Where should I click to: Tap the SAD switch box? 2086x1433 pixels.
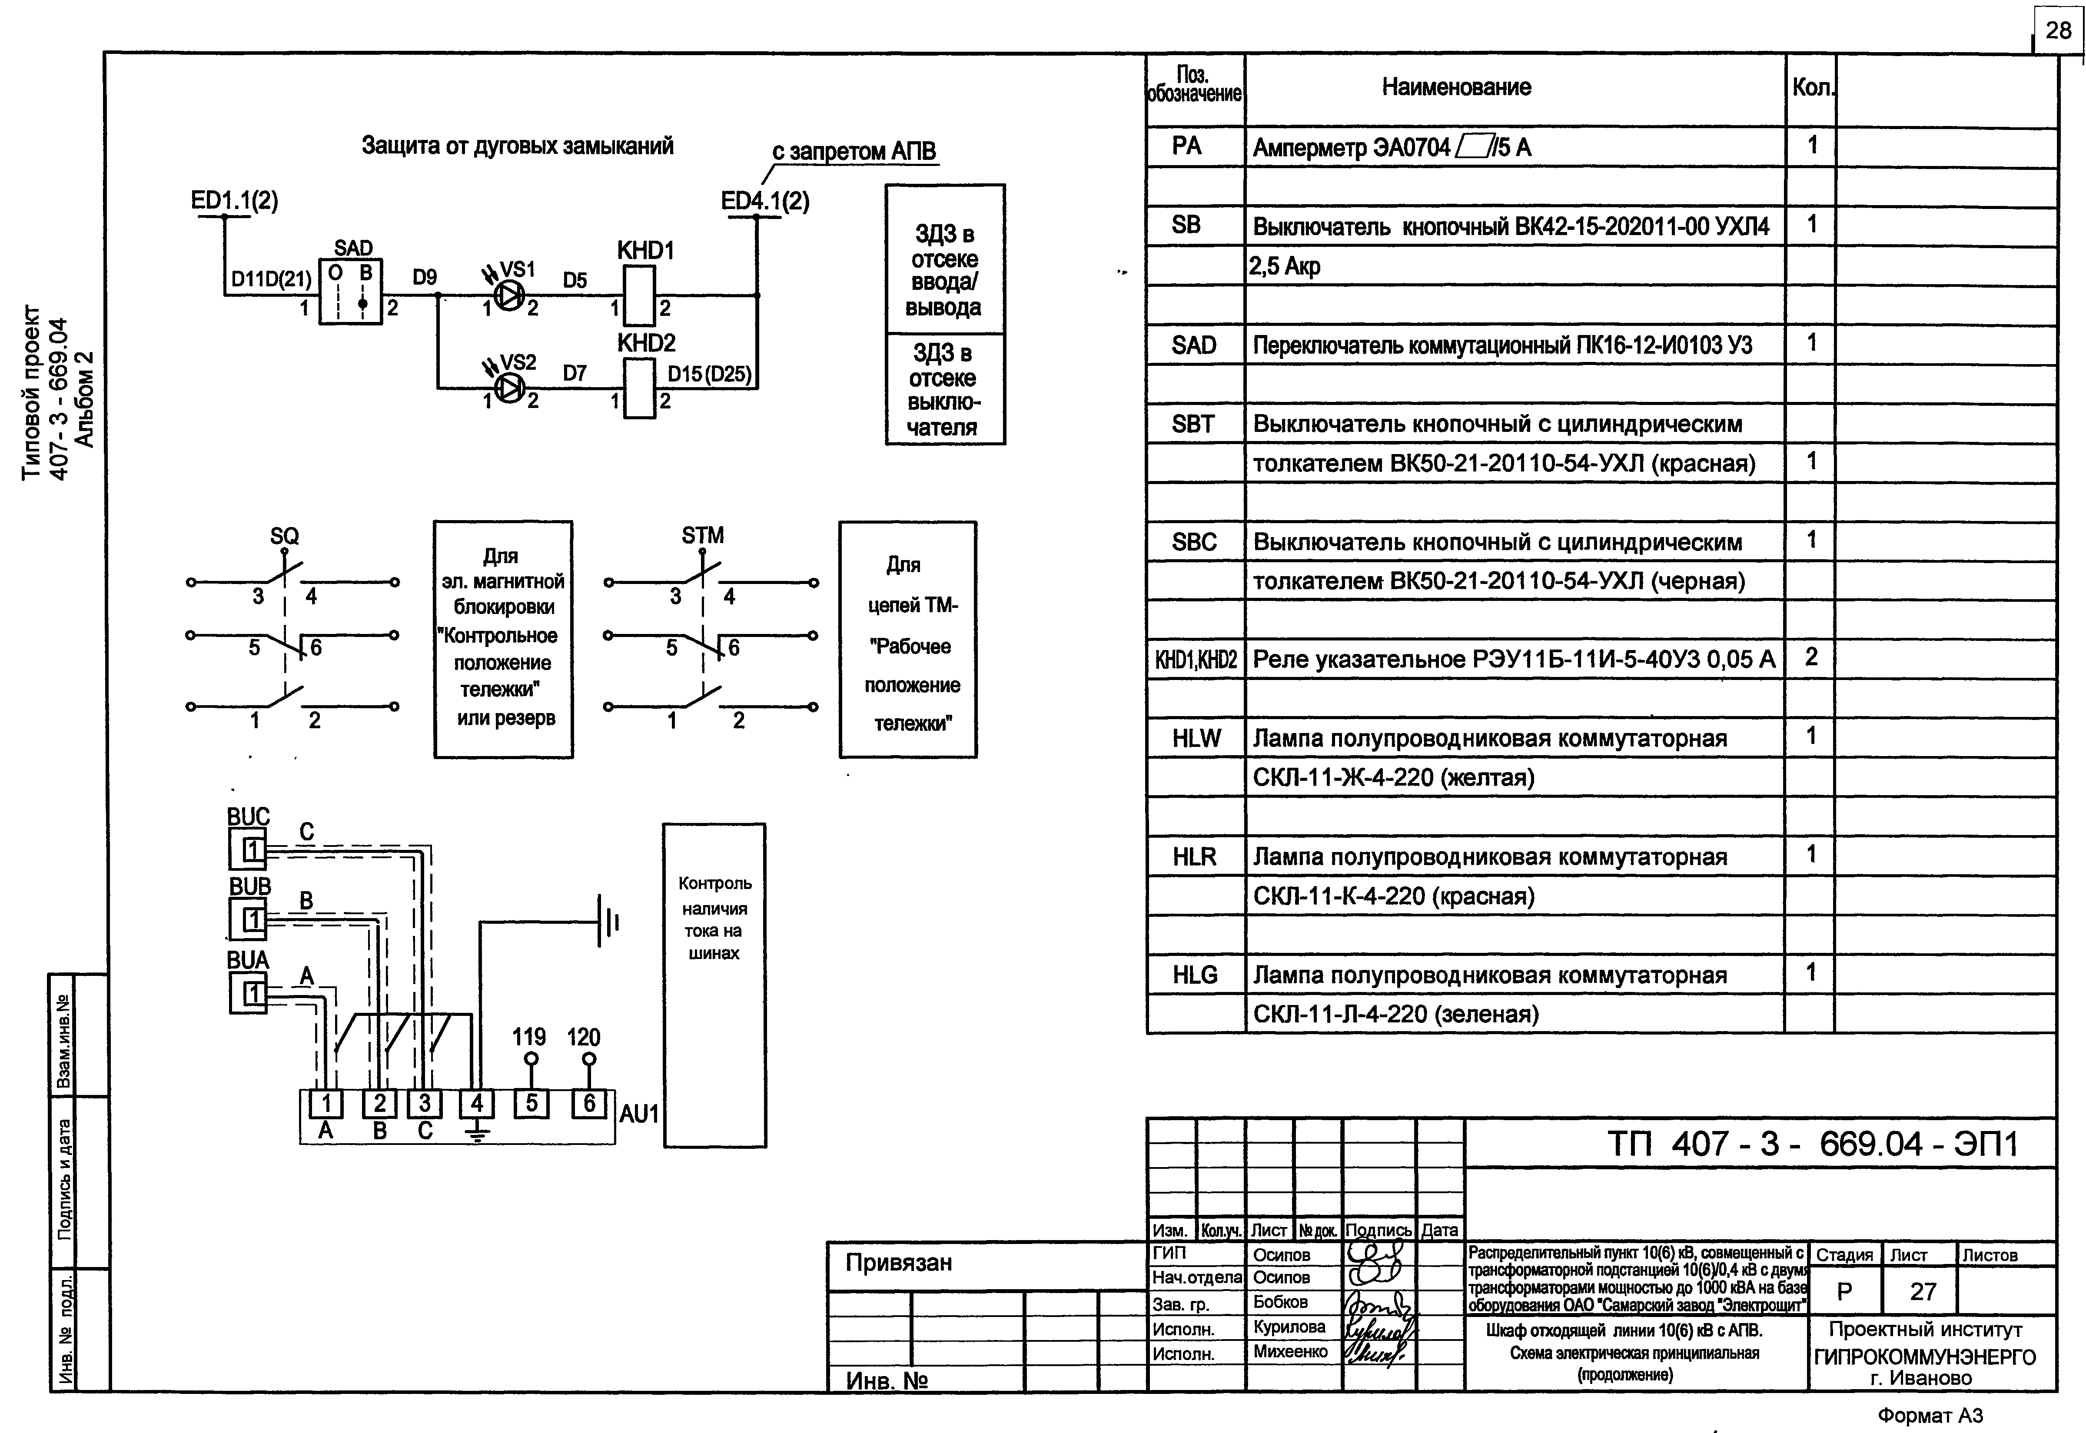point(351,292)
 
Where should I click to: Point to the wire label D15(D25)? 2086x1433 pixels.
point(709,374)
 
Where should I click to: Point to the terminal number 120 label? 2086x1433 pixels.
point(584,1037)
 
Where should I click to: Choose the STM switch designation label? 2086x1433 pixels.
point(702,535)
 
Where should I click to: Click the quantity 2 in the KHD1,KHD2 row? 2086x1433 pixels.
point(1811,657)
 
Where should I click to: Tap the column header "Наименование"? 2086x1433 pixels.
point(1455,87)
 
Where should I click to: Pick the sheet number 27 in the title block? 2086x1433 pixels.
point(1923,1291)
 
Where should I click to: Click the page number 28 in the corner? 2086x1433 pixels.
point(2058,30)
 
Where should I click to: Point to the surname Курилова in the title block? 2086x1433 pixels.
point(1289,1326)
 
